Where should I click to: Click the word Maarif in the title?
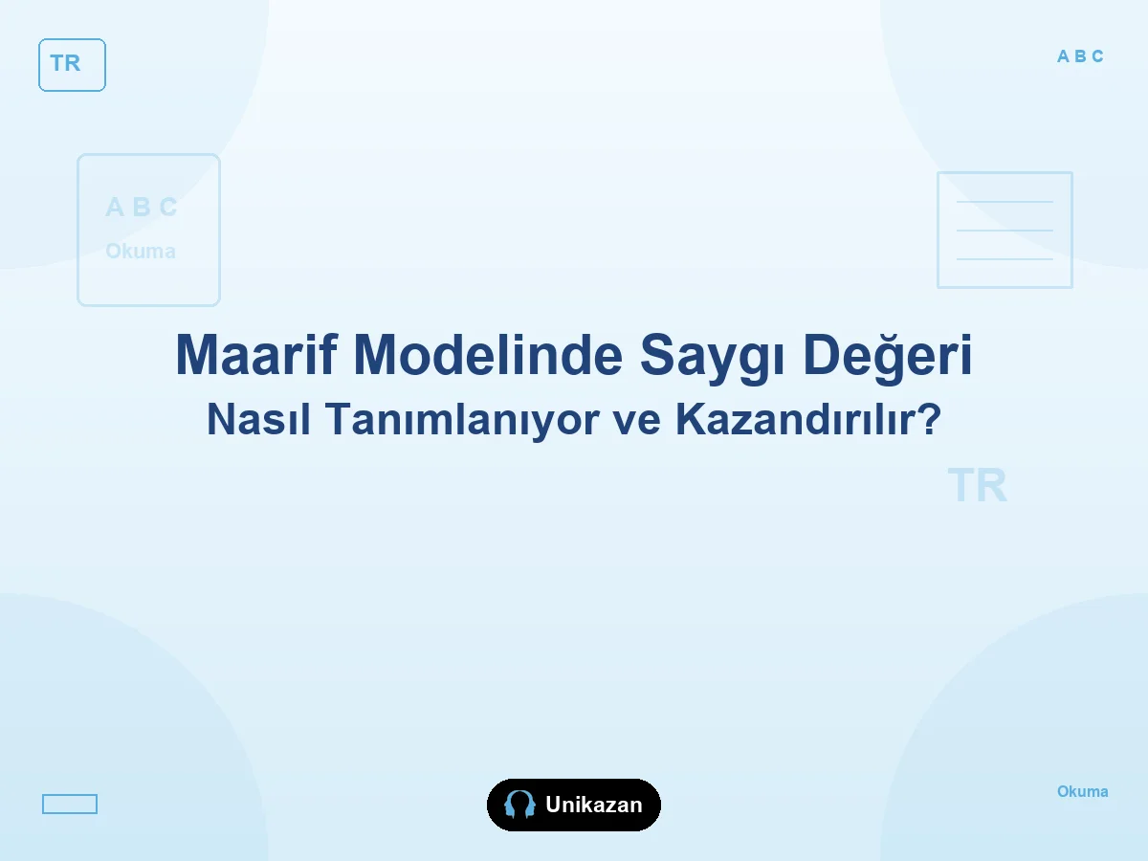pos(255,354)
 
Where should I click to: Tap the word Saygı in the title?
pos(712,359)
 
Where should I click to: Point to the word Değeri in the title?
pos(887,358)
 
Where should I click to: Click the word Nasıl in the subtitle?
pos(258,419)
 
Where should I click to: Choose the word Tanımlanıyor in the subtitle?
pos(461,421)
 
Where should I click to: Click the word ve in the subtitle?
pos(636,423)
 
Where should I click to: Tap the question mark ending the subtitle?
pos(932,419)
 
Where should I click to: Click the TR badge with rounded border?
pos(72,65)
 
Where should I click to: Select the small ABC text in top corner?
pos(1080,55)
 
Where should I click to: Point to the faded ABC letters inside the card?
pos(142,207)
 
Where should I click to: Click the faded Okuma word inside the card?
pos(141,251)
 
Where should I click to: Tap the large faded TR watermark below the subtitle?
pos(977,485)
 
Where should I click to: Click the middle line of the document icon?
pos(1004,230)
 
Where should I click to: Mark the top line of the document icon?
pos(1004,201)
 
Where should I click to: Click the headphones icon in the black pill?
pos(519,805)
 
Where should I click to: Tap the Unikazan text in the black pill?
pos(594,805)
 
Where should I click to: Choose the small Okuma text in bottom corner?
pos(1083,791)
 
